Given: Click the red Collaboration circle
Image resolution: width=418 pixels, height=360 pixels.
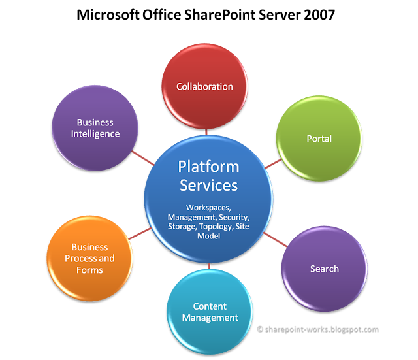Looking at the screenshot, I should click(x=204, y=87).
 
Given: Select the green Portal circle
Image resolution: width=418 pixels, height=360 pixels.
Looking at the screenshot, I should click(x=319, y=139).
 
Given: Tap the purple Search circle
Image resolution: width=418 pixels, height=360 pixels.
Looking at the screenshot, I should click(x=324, y=269).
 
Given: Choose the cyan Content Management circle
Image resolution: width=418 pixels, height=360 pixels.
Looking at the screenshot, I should click(x=210, y=312).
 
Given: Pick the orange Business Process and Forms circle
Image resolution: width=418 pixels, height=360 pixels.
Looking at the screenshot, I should click(x=89, y=258).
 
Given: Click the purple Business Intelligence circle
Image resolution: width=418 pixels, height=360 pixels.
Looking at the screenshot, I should click(x=95, y=128).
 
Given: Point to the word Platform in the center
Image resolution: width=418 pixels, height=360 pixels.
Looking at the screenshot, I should click(x=208, y=167).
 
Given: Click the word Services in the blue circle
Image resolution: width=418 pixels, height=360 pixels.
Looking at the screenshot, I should click(x=208, y=185).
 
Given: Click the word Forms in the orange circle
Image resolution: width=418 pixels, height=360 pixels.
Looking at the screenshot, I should click(x=89, y=270).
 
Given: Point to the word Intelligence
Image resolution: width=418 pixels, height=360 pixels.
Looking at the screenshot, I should click(x=95, y=134).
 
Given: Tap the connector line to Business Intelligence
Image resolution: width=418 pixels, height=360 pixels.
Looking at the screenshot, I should click(x=141, y=156).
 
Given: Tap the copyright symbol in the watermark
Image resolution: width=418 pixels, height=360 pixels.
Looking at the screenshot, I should click(x=259, y=330).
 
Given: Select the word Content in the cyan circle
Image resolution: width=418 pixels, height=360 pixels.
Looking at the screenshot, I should click(x=210, y=306).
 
